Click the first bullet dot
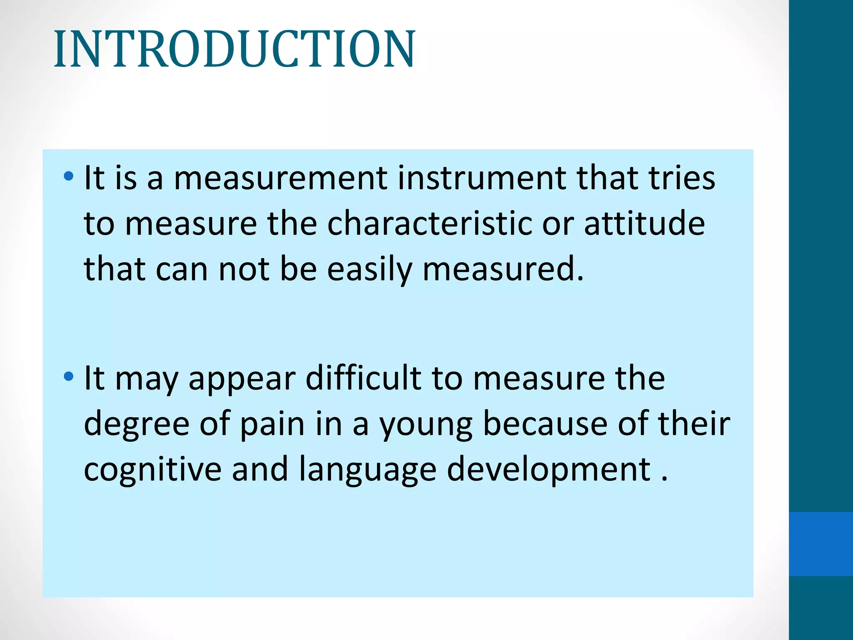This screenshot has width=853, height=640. [x=68, y=177]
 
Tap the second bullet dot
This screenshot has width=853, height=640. [x=68, y=377]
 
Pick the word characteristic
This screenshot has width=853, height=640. [x=429, y=224]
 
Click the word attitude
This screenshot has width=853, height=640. [x=644, y=224]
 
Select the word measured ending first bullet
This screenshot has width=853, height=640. [x=503, y=270]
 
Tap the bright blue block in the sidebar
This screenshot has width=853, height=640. [x=821, y=544]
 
